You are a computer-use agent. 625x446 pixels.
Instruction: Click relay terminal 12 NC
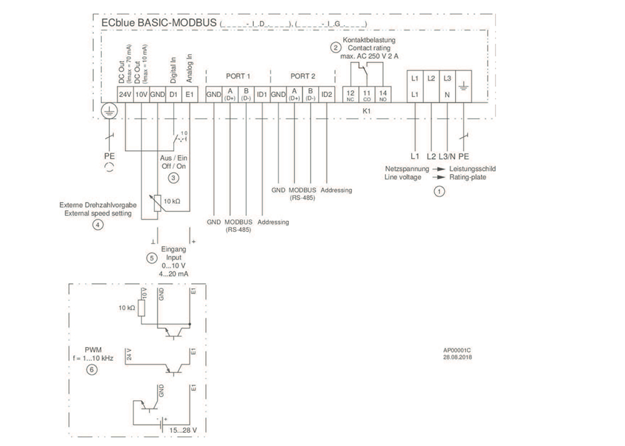pyautogui.click(x=350, y=94)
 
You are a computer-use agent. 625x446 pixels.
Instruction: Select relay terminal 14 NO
pyautogui.click(x=383, y=94)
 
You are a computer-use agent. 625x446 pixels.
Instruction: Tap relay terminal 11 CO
pyautogui.click(x=367, y=94)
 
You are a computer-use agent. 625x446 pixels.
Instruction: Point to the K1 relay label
pyautogui.click(x=367, y=109)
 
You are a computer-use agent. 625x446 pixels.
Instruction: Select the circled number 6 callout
pyautogui.click(x=92, y=370)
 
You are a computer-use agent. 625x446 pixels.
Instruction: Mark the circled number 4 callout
pyautogui.click(x=97, y=225)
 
